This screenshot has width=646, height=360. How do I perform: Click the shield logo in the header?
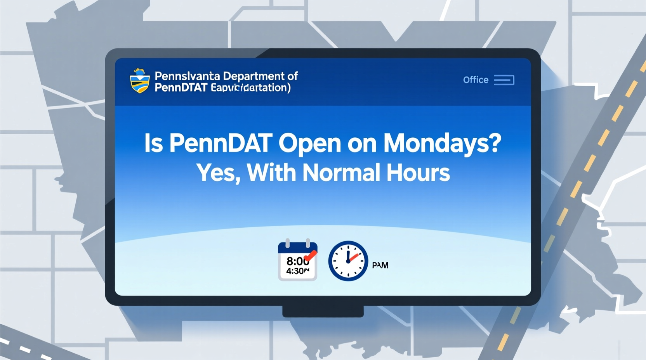139,81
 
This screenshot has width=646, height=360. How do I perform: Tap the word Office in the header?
476,80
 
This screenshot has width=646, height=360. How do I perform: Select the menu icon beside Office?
504,80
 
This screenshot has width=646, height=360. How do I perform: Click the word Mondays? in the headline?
442,143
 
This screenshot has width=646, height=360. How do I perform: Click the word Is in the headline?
153,143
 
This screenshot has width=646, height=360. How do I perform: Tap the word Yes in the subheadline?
216,173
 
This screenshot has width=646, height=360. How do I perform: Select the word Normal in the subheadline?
340,173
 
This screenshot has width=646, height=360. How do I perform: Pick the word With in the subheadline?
271,173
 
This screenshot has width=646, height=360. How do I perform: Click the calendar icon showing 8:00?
297,261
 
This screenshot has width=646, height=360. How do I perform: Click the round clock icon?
348,261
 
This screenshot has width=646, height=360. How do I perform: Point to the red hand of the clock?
353,256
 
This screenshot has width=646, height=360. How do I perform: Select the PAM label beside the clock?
380,265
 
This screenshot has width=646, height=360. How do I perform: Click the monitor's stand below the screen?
323,311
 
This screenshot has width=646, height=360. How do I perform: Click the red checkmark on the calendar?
311,256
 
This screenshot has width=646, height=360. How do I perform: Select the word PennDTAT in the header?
181,88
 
